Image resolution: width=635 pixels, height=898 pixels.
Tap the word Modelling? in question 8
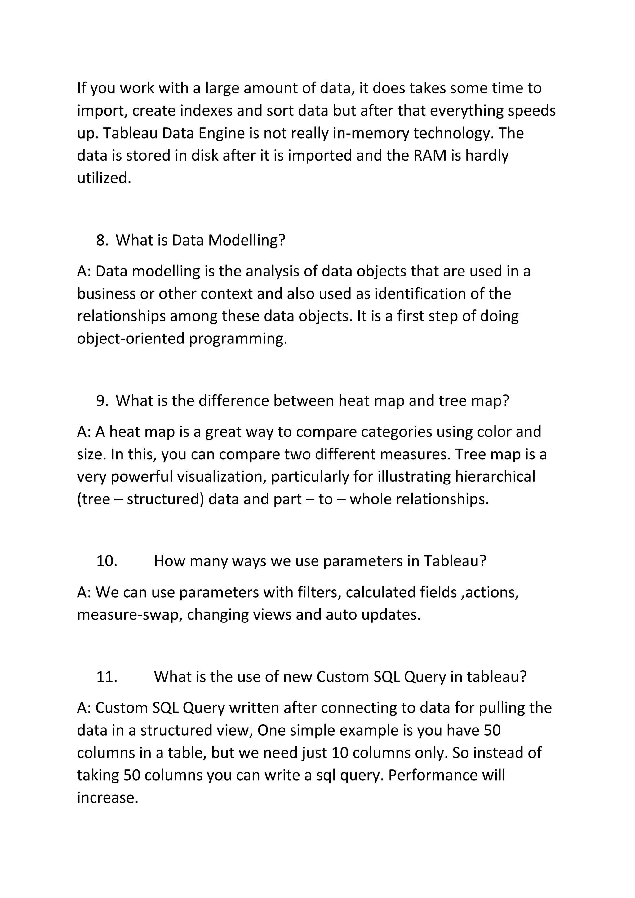point(246,240)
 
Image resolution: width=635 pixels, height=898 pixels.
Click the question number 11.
point(107,677)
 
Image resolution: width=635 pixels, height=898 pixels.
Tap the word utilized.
point(104,178)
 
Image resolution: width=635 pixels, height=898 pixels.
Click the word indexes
point(206,111)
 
